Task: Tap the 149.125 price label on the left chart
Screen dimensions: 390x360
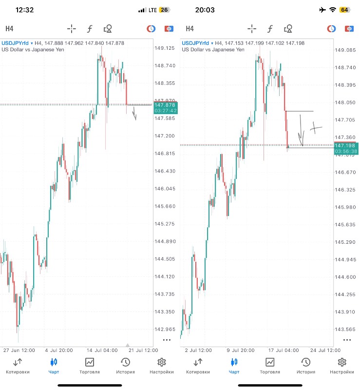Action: tap(164, 48)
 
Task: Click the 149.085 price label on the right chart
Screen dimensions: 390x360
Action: tap(345, 50)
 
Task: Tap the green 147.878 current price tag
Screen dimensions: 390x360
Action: tap(165, 108)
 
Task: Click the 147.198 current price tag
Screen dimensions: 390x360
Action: tap(346, 148)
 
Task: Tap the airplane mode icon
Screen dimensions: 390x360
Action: tap(322, 10)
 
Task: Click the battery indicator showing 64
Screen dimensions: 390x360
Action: tap(344, 10)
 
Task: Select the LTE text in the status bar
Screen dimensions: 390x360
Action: tap(152, 10)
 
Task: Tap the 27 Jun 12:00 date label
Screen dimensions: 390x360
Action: tap(19, 350)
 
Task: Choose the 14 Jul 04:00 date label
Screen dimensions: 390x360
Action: tap(103, 350)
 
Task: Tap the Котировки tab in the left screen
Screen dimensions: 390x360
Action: tap(18, 366)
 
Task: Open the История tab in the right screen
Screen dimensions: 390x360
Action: tap(306, 366)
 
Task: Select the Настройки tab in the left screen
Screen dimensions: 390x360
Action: tap(162, 366)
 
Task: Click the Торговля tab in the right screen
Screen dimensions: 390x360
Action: tap(270, 366)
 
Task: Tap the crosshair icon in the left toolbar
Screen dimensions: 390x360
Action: tap(72, 28)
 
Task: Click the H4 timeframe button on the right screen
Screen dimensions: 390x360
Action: tap(189, 28)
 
